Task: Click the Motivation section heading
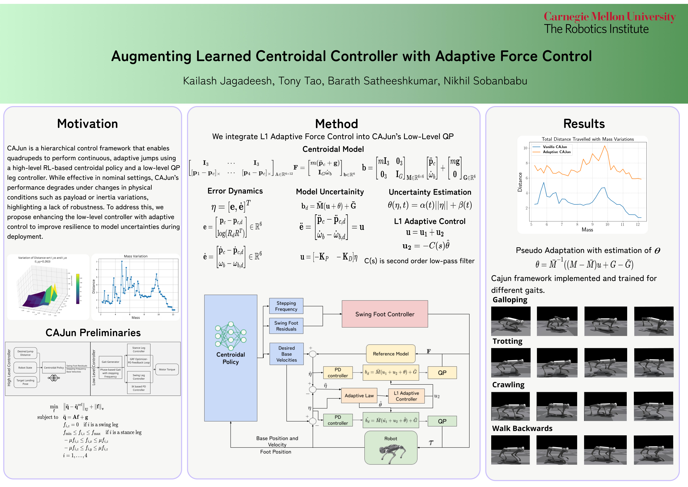click(x=88, y=124)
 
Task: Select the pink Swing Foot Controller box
click(x=385, y=314)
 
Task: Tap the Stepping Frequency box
click(x=286, y=306)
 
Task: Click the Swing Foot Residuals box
click(x=286, y=326)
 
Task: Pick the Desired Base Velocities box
click(x=286, y=354)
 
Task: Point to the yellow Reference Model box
click(x=391, y=354)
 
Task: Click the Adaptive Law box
click(x=359, y=395)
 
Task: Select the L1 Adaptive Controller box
click(x=406, y=396)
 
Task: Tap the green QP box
click(x=442, y=421)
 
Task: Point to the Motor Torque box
click(x=167, y=369)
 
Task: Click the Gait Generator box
click(x=110, y=362)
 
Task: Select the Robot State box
click(x=25, y=368)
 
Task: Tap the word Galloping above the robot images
click(x=510, y=300)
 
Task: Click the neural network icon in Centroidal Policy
click(x=230, y=336)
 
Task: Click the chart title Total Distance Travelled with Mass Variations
click(x=588, y=139)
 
